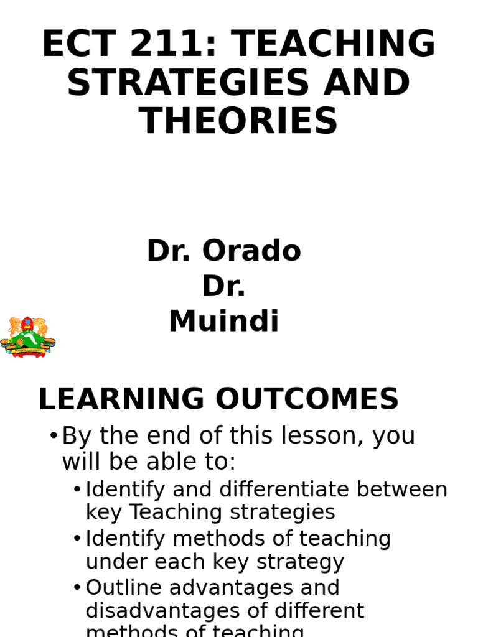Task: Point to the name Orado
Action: click(251, 251)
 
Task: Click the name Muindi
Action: click(224, 322)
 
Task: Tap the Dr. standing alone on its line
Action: click(224, 287)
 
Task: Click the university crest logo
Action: click(27, 337)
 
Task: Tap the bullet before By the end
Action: click(53, 436)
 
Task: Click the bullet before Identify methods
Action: click(77, 539)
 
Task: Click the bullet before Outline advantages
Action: click(77, 588)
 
